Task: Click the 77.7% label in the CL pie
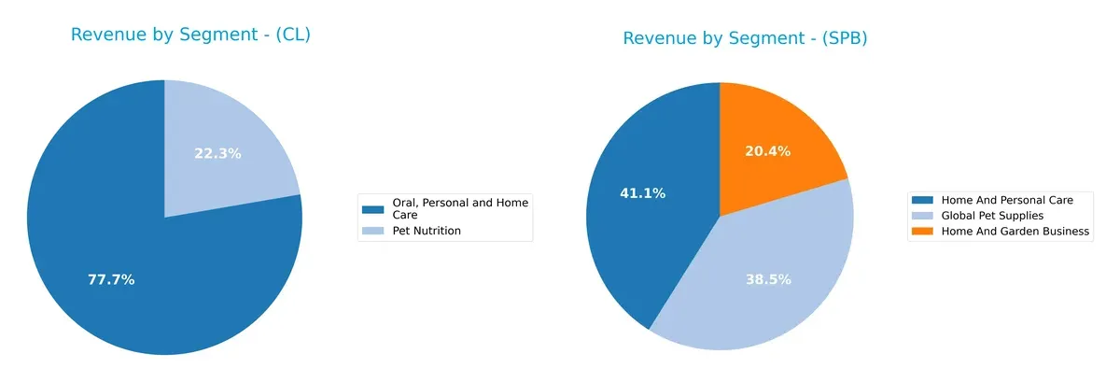tap(111, 279)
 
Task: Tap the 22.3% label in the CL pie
tap(217, 153)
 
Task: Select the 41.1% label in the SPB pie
tap(643, 193)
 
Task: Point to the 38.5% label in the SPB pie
tap(768, 279)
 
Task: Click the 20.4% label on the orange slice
tap(767, 151)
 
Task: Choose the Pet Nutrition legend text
tap(426, 230)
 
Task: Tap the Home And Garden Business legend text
tap(1015, 232)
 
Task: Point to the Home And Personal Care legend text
tap(1007, 200)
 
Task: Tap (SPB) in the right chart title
tap(839, 38)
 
